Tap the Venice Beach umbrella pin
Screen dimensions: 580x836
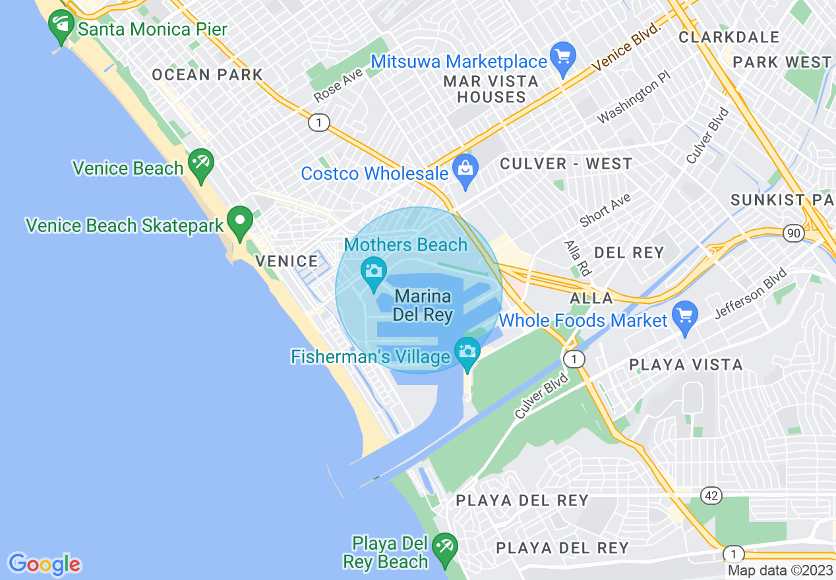coord(200,165)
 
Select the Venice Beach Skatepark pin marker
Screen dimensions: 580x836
coord(240,223)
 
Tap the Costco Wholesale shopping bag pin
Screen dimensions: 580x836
coord(465,171)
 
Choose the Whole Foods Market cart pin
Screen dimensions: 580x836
coord(686,318)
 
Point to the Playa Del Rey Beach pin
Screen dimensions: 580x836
coord(444,548)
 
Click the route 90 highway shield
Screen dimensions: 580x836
coord(792,233)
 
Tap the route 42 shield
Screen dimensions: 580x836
coord(711,495)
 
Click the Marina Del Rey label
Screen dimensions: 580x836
coord(423,306)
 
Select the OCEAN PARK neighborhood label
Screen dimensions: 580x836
coord(207,75)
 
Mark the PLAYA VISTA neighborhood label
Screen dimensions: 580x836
coord(686,364)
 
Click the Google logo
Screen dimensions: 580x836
coord(44,564)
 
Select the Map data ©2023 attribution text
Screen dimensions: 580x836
coord(780,571)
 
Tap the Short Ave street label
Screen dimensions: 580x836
coord(605,210)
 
